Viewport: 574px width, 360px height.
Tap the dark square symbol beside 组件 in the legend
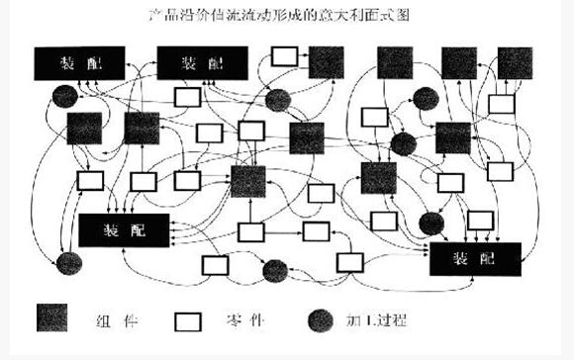coord(55,318)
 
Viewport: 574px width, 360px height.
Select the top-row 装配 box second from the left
coord(204,63)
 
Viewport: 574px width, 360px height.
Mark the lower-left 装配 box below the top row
coord(124,229)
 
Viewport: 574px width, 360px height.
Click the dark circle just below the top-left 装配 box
coord(64,95)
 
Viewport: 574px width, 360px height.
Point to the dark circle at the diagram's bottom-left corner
coord(67,264)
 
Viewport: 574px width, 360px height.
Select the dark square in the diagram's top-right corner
coord(514,62)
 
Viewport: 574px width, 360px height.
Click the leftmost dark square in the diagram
coord(84,129)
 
